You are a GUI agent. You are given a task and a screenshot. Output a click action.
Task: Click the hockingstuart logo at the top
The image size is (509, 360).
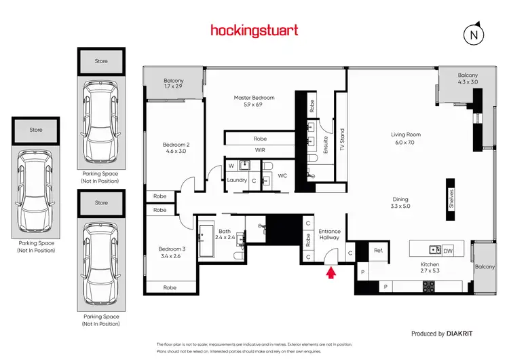click(254, 30)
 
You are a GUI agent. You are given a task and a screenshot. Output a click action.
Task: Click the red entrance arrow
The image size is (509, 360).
click(331, 274)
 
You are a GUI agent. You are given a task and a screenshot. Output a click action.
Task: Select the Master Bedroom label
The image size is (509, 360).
click(254, 102)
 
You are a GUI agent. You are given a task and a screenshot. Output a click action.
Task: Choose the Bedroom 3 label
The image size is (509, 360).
click(170, 253)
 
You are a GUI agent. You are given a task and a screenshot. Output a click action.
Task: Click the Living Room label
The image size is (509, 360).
click(408, 138)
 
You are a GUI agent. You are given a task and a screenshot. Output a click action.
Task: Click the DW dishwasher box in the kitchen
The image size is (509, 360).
click(448, 250)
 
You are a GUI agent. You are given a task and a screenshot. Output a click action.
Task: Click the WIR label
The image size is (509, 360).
click(260, 149)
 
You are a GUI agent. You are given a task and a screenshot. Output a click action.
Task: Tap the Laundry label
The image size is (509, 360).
click(237, 180)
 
